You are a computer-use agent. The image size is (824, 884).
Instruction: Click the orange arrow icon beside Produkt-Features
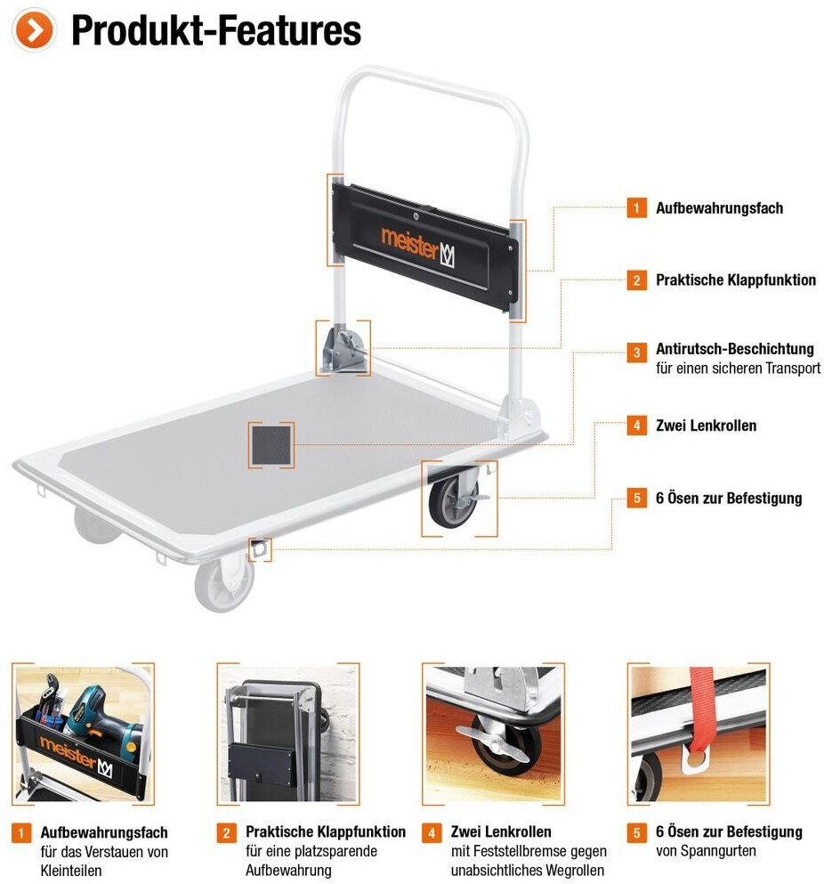click(x=35, y=31)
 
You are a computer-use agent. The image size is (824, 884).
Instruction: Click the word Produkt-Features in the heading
click(x=216, y=31)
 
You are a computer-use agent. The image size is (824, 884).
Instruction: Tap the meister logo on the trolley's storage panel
click(x=418, y=245)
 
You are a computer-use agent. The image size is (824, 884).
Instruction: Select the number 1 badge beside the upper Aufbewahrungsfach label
click(x=636, y=208)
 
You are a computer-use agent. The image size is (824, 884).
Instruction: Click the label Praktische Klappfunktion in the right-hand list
click(x=736, y=280)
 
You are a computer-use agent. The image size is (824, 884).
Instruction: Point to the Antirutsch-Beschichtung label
click(x=735, y=349)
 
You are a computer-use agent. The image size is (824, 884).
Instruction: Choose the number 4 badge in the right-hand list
click(x=636, y=426)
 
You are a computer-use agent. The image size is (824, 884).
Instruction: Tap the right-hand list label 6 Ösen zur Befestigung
click(x=729, y=499)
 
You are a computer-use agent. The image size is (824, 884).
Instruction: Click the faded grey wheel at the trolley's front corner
click(x=224, y=583)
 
